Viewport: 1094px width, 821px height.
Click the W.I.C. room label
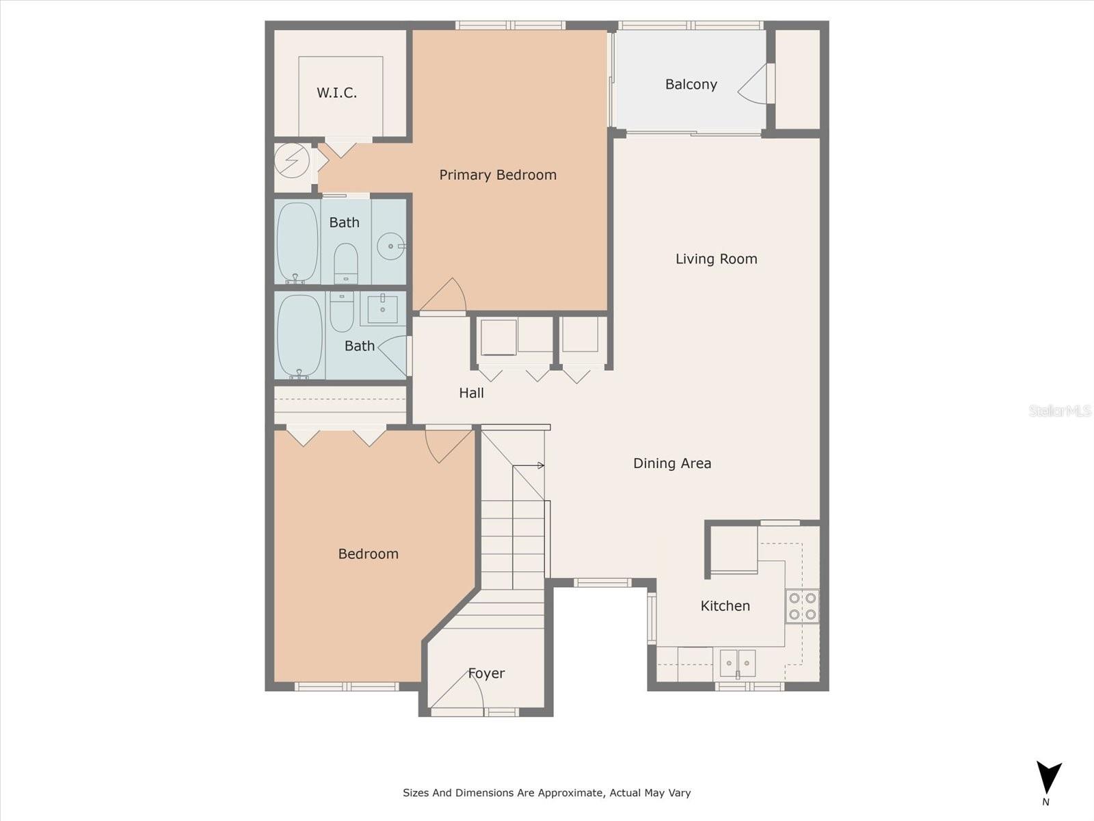click(x=336, y=93)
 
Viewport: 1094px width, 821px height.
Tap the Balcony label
click(x=691, y=84)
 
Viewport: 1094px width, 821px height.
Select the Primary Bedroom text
click(x=497, y=175)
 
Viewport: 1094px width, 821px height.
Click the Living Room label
click(x=716, y=259)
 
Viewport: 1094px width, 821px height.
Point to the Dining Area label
click(x=671, y=463)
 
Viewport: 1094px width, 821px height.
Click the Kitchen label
click(x=725, y=605)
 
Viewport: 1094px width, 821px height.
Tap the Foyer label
click(x=486, y=673)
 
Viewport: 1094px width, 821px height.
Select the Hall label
click(x=471, y=393)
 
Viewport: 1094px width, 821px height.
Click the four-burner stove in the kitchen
click(x=802, y=605)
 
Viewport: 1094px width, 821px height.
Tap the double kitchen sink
click(x=738, y=663)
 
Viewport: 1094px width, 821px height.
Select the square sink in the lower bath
click(x=382, y=309)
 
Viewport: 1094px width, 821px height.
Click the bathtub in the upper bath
click(x=297, y=242)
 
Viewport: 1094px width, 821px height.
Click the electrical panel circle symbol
click(x=292, y=161)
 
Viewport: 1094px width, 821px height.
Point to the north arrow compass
click(x=1048, y=779)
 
